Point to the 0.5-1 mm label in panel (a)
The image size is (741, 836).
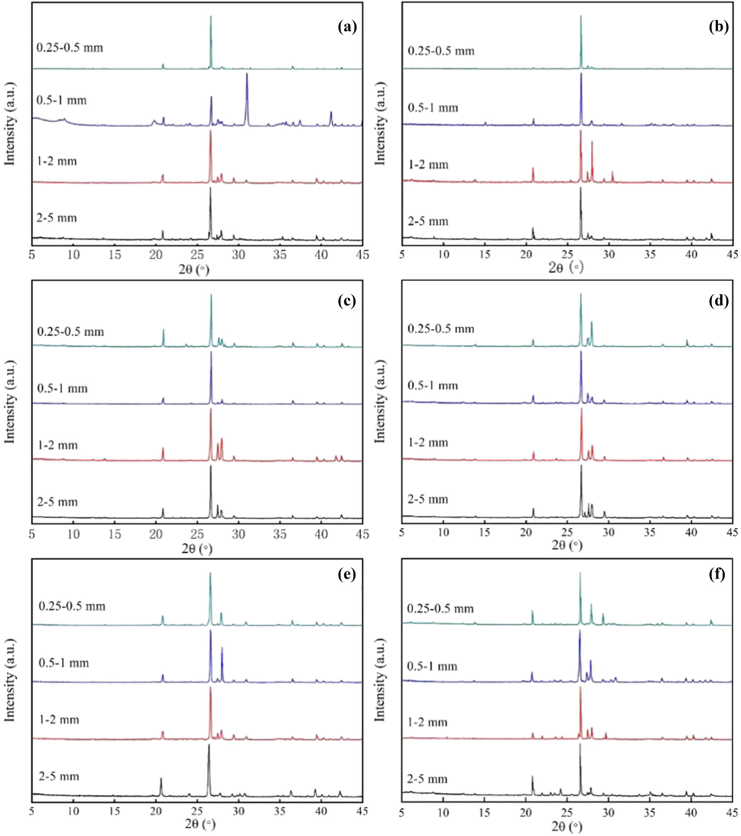[62, 100]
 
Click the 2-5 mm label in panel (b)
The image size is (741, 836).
[428, 221]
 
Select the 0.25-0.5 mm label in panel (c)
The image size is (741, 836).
[71, 331]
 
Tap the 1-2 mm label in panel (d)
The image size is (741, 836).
[428, 443]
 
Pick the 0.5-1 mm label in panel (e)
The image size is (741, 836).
[64, 662]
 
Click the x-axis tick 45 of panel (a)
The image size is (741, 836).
[362, 255]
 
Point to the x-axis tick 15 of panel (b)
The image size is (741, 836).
[485, 255]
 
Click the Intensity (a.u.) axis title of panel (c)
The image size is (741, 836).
[10, 401]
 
